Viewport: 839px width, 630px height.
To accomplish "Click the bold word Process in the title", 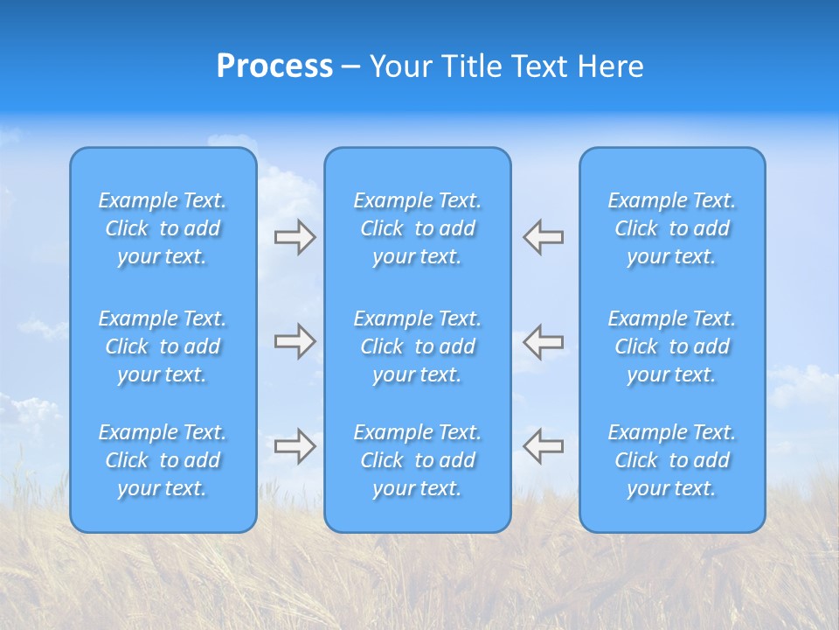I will tap(274, 66).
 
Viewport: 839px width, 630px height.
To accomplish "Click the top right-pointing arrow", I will tap(295, 237).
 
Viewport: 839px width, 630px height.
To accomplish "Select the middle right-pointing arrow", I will tap(295, 341).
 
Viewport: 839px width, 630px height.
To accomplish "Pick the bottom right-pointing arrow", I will tap(295, 446).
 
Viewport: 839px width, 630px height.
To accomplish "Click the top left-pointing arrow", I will tap(544, 237).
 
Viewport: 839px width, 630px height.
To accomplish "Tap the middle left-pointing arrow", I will tap(544, 341).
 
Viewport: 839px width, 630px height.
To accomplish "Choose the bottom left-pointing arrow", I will tap(544, 446).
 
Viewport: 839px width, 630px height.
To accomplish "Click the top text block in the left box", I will tap(163, 228).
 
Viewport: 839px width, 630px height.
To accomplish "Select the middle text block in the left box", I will tap(163, 346).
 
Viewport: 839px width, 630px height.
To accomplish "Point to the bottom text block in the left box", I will tap(163, 460).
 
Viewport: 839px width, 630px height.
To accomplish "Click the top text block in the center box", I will tap(418, 228).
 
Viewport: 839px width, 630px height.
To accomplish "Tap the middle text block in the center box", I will tap(418, 346).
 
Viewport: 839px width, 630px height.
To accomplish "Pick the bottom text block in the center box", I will tap(418, 460).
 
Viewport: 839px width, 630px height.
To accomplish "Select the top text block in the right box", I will tap(672, 228).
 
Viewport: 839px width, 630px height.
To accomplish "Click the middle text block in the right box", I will tap(672, 346).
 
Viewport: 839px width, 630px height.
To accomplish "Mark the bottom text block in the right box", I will tap(672, 460).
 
